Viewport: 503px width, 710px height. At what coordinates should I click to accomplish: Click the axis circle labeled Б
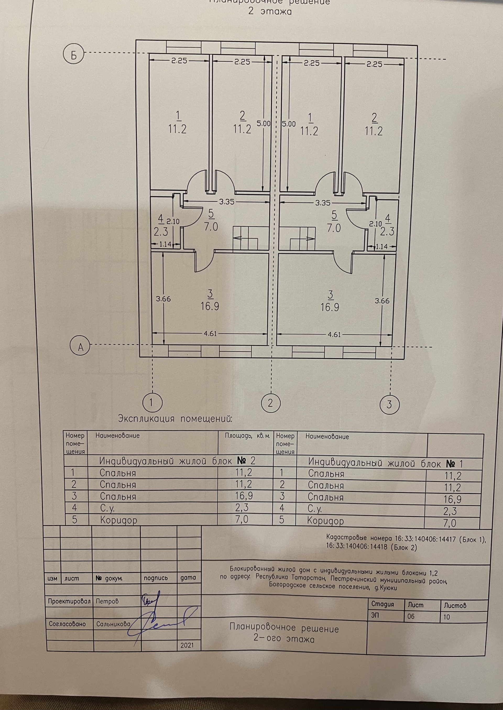(74, 55)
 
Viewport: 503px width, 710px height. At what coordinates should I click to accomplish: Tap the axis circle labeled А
(80, 347)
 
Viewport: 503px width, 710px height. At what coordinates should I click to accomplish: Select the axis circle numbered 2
(271, 403)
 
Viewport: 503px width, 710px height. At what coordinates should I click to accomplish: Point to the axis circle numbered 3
(389, 404)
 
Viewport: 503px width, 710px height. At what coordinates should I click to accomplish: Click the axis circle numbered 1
(151, 402)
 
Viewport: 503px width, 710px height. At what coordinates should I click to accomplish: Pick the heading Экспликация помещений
(175, 419)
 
